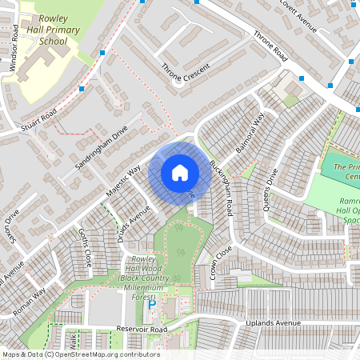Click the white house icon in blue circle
[x=180, y=172]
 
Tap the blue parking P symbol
[x=150, y=304]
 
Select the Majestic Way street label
[x=123, y=180]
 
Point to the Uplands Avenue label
[x=273, y=322]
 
